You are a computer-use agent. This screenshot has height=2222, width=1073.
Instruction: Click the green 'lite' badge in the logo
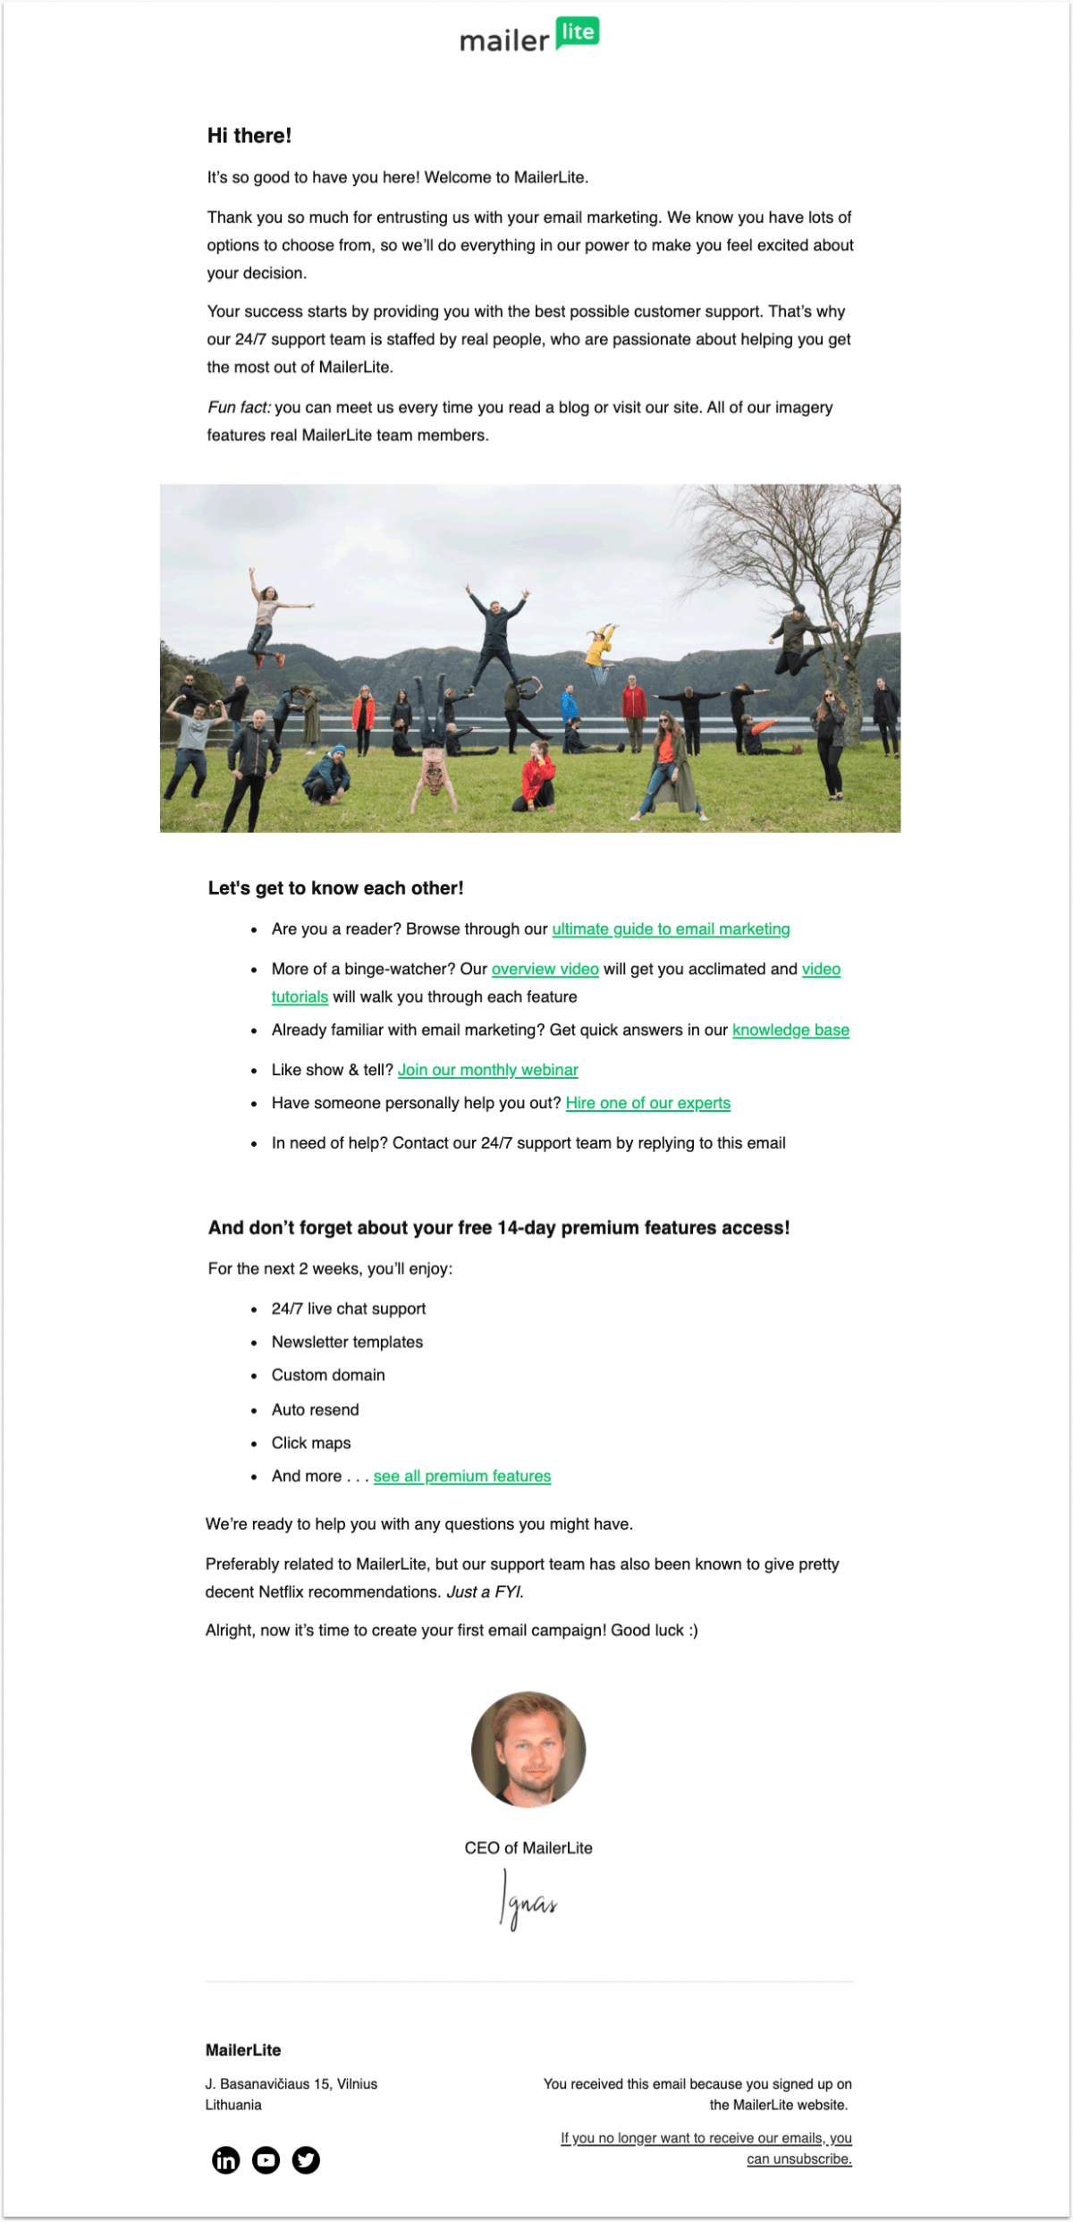tap(578, 32)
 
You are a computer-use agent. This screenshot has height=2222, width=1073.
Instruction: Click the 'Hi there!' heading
tap(249, 136)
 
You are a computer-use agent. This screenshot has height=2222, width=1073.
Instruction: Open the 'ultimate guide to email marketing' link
tap(671, 929)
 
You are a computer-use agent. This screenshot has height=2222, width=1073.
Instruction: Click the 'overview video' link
tap(545, 969)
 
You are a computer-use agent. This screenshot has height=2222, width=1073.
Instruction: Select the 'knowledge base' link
tap(790, 1030)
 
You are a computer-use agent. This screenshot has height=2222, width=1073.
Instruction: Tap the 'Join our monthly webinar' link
tap(487, 1070)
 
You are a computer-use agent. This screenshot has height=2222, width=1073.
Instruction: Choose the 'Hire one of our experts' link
tap(647, 1103)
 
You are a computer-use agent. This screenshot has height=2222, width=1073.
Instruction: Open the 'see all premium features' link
tap(461, 1476)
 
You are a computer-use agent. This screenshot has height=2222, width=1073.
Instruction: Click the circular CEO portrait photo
tap(528, 1749)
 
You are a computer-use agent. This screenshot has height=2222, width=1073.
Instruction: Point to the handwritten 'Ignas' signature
tap(528, 1902)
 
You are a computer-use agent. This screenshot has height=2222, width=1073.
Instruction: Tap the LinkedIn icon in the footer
tap(226, 2160)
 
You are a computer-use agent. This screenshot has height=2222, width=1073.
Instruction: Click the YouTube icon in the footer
tap(266, 2160)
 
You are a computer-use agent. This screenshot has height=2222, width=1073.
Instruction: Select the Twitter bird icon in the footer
tap(306, 2160)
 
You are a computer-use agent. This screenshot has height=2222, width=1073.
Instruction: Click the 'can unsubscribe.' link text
tap(799, 2158)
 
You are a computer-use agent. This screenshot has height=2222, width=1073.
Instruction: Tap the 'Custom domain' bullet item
tap(328, 1375)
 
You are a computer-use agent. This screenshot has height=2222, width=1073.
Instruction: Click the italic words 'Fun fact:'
tap(239, 408)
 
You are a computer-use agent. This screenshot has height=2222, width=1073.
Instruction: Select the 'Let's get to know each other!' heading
tap(335, 888)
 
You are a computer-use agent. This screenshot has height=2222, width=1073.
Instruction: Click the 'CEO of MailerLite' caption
tap(528, 1848)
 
